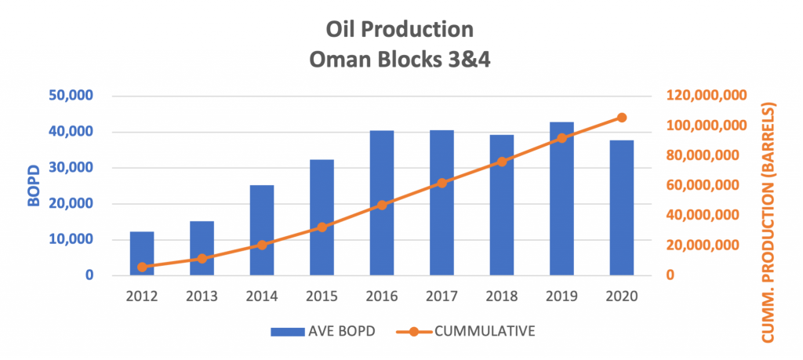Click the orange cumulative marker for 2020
[622, 118]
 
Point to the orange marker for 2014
[262, 245]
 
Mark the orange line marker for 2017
[441, 183]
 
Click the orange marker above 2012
[142, 267]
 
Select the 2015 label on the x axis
[322, 296]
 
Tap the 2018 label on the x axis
[501, 296]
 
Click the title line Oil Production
[401, 31]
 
